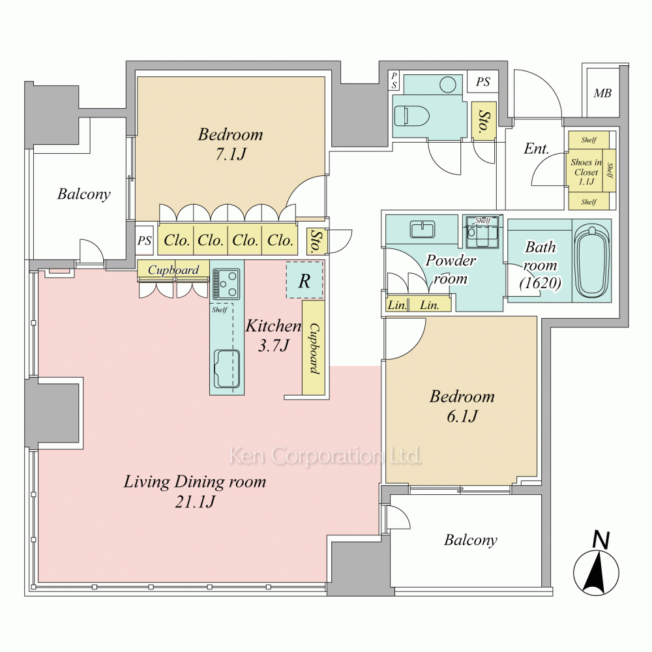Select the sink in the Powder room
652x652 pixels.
pos(422,229)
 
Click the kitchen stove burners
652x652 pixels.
pos(227,284)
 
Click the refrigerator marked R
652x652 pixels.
pos(304,280)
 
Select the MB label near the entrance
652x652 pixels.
pos(602,93)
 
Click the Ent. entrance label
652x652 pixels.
pos(537,149)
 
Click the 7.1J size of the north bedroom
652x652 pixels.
pos(230,155)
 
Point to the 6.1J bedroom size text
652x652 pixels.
pos(462,416)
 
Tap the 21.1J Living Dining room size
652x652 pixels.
pos(194,502)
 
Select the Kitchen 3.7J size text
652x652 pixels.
pos(273,345)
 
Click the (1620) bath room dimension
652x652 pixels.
pos(540,283)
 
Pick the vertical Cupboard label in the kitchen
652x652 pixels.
pos(314,348)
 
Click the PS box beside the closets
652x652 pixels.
pos(144,241)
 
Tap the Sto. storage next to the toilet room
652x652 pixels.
pos(484,121)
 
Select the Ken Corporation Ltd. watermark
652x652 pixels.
pos(325,456)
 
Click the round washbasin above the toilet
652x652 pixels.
pos(448,85)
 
